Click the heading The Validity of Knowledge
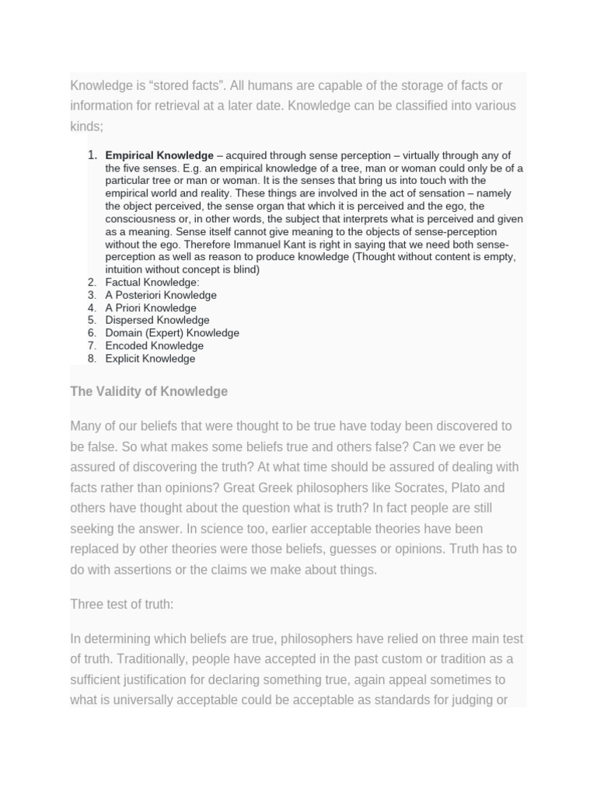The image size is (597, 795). coord(148,391)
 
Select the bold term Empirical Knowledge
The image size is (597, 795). coord(159,155)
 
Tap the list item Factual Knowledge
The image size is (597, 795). coord(152,283)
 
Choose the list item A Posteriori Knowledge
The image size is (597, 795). coord(161,295)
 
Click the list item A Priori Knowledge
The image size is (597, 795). coord(151,307)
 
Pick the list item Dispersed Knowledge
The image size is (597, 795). coord(157,320)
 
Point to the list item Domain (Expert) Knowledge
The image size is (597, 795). coord(172,333)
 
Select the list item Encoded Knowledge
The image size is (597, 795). coord(154,345)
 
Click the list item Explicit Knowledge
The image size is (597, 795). coord(150,359)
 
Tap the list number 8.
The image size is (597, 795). coord(92,359)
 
